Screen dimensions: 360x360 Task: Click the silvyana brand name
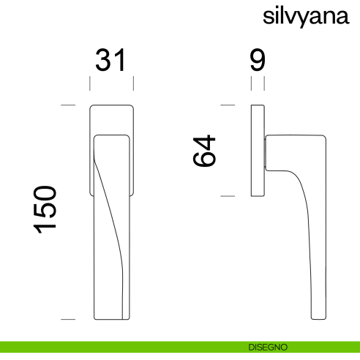click(306, 17)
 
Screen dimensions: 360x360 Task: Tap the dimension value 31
click(111, 60)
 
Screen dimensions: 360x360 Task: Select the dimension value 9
click(258, 60)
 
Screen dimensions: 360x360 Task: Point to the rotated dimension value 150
click(45, 210)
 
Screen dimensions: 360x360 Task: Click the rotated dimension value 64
click(204, 151)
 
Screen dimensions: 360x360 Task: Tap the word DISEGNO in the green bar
click(268, 347)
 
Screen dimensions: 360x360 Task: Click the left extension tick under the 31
click(90, 83)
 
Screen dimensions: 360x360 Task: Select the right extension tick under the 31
click(133, 83)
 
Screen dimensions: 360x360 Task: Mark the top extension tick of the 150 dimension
click(68, 105)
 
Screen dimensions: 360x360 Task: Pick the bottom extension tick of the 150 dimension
click(68, 319)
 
